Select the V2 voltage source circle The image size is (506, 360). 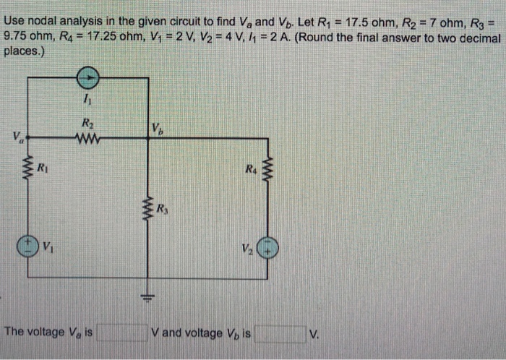[269, 246]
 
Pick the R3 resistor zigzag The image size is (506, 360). [150, 210]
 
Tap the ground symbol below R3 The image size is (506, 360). [150, 297]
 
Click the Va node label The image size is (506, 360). [16, 137]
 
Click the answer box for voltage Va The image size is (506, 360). [124, 333]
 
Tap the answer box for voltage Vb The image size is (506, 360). [279, 333]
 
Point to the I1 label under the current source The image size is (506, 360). [87, 98]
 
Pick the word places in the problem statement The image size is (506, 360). [23, 51]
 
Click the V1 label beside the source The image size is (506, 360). [48, 245]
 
